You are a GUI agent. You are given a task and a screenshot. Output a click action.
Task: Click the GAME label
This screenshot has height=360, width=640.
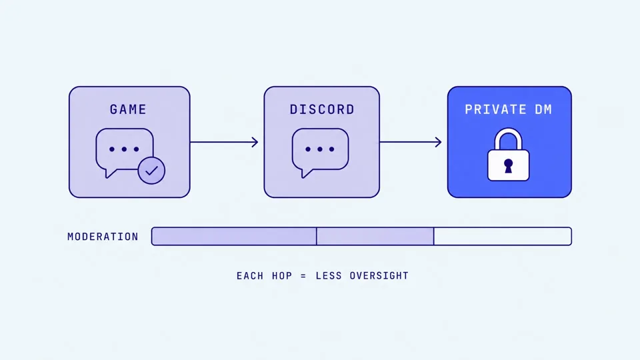click(128, 109)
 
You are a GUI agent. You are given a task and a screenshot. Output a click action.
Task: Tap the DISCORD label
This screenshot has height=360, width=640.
click(322, 109)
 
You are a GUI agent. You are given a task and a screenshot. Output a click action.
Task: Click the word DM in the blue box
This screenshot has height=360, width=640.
click(544, 109)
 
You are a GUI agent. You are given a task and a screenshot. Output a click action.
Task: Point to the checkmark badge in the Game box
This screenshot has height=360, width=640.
click(151, 171)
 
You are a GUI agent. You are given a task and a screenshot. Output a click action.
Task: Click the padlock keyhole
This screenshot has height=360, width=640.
click(508, 166)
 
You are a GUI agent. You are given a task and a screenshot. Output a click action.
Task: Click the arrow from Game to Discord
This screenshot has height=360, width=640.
click(224, 142)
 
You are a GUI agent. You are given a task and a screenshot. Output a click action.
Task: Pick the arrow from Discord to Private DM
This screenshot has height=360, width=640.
click(411, 142)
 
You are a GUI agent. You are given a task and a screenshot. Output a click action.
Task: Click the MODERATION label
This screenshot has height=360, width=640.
click(103, 237)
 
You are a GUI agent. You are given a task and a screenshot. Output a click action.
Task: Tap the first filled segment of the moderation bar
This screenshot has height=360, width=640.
click(234, 236)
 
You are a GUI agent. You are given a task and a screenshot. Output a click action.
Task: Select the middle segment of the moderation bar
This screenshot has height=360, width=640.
click(375, 236)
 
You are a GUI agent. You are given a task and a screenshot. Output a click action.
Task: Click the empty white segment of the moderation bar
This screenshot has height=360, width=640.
click(503, 236)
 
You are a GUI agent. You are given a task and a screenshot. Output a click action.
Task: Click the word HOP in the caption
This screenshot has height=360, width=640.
click(282, 276)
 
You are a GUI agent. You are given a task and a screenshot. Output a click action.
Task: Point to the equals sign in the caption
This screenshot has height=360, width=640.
click(303, 276)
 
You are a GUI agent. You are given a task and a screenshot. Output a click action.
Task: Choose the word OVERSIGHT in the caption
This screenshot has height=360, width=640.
click(379, 276)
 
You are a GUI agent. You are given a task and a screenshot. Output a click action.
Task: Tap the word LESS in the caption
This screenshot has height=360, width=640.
click(329, 276)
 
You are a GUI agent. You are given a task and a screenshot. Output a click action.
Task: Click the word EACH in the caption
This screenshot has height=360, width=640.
click(250, 276)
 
